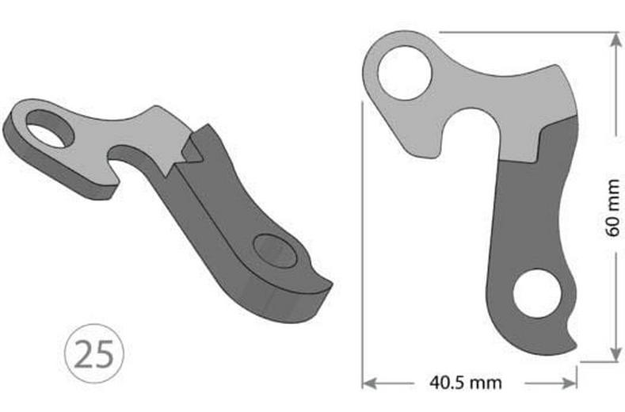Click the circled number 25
[93, 353]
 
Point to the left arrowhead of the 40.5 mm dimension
[368, 383]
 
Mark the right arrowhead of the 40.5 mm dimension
[571, 383]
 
